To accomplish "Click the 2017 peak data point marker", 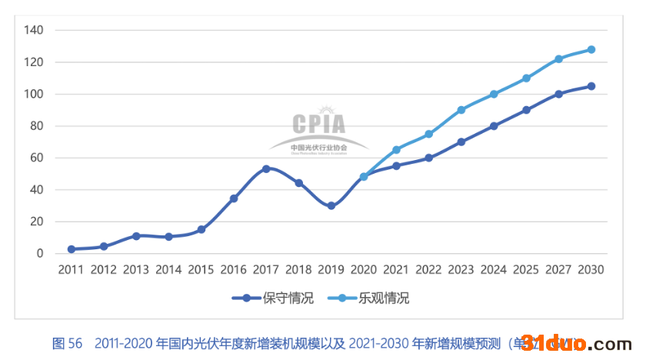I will click(x=266, y=168).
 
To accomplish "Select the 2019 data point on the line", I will click(x=331, y=206).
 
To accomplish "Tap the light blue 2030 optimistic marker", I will click(x=591, y=49).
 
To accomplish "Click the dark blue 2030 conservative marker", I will click(x=591, y=86).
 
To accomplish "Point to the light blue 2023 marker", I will click(x=461, y=110).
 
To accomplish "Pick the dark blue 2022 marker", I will click(x=428, y=158).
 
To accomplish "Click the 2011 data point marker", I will click(x=71, y=249).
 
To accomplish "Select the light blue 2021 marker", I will click(x=396, y=150).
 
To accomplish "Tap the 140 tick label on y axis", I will click(x=34, y=30).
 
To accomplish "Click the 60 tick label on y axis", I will click(x=37, y=158).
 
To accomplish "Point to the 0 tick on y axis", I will click(x=40, y=253).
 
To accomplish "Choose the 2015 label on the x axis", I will click(x=201, y=270).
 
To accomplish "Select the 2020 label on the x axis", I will click(x=363, y=270).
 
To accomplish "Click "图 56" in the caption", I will click(x=67, y=344).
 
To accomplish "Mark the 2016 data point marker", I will click(x=234, y=198).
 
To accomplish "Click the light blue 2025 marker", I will click(x=527, y=78).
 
